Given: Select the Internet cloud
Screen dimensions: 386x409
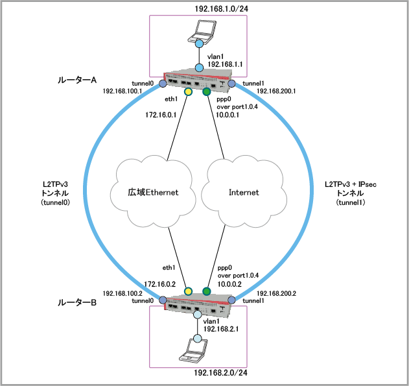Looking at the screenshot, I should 244,192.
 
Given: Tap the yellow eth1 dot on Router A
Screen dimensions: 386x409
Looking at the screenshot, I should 189,92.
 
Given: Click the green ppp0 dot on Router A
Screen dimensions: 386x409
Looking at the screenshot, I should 207,92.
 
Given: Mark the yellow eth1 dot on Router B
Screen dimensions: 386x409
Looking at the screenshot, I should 188,291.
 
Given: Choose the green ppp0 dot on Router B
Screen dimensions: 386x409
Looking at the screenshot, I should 207,291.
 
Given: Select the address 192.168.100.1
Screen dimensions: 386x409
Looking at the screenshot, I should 122,91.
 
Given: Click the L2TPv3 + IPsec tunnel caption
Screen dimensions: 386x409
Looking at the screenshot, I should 351,194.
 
